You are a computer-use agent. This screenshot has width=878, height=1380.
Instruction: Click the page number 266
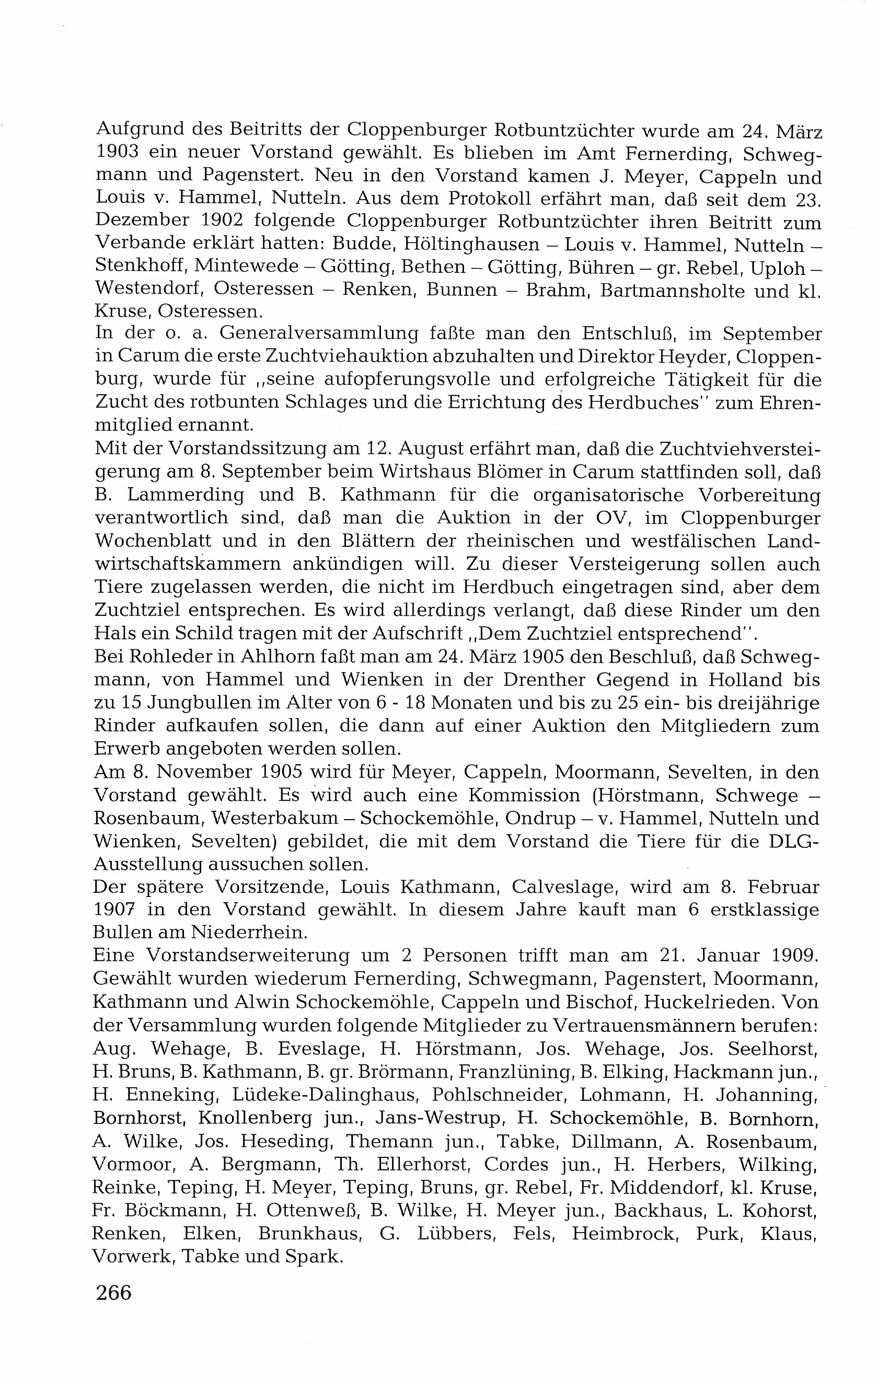click(114, 1292)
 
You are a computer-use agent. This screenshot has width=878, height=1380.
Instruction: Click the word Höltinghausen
click(471, 245)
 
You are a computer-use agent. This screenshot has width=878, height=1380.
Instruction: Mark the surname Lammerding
click(182, 494)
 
